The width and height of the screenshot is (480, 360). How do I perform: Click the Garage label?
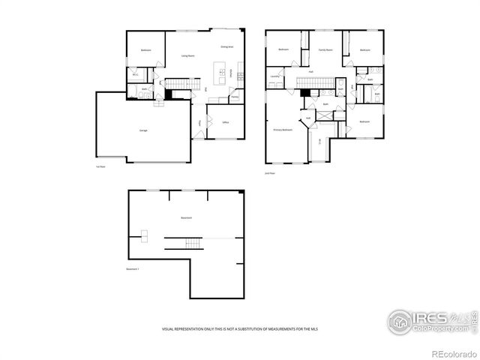click(142, 130)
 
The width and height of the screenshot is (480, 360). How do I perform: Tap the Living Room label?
click(188, 56)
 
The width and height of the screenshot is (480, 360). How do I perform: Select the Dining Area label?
click(227, 47)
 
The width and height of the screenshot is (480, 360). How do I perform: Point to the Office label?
click(225, 122)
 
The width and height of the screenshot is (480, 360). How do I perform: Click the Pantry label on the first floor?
click(234, 96)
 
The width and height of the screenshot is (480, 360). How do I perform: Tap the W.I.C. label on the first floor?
click(136, 75)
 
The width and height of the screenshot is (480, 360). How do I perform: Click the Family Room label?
click(325, 49)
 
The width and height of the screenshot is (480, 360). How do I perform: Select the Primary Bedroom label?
click(282, 129)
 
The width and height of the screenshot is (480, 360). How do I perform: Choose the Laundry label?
click(274, 76)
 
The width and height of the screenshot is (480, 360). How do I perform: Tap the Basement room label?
click(186, 218)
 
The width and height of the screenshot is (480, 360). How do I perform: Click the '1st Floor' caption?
click(100, 166)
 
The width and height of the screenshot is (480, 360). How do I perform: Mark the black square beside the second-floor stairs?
click(304, 93)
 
